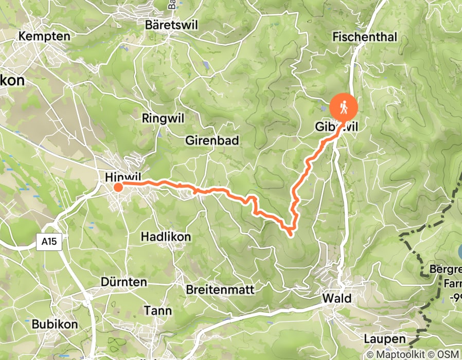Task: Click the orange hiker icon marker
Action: [344, 106]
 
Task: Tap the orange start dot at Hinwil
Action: [118, 187]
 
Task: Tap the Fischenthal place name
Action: [358, 37]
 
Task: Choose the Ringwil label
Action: [163, 118]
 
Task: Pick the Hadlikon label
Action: [166, 237]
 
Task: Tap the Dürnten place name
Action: [124, 282]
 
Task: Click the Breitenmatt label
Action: [220, 290]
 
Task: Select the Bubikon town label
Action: [55, 325]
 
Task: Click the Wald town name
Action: [336, 299]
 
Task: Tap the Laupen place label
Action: [381, 339]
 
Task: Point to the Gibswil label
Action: [334, 127]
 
